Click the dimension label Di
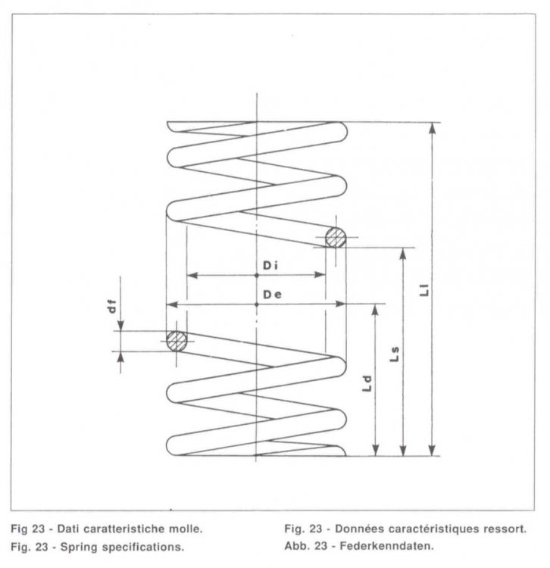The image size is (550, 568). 270,266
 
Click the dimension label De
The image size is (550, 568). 272,295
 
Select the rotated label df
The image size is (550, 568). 113,307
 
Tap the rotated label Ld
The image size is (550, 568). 367,384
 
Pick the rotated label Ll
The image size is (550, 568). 424,290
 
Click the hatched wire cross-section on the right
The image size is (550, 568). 336,238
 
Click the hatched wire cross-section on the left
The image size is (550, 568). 177,342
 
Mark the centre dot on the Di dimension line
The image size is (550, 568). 257,276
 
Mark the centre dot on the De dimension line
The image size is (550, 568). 257,304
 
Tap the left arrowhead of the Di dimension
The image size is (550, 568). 192,276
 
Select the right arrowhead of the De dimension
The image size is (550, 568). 341,304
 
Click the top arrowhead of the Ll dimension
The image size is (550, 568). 432,128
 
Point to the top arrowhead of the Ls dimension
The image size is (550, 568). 403,254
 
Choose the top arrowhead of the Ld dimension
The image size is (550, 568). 375,310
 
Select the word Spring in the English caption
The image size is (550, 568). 80,547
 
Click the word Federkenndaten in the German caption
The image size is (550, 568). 386,545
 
